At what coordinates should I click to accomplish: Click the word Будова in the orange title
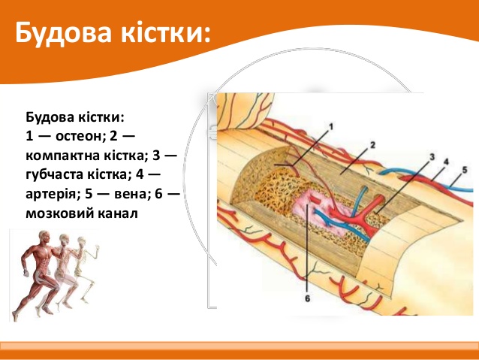pos(63,33)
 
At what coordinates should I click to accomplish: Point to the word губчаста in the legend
pos(55,174)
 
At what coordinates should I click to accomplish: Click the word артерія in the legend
pos(50,194)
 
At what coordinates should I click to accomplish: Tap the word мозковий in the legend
pos(59,213)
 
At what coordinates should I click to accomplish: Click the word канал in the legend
pos(118,213)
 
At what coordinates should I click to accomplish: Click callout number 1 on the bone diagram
pos(331,126)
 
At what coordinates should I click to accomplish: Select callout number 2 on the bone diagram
pos(372,145)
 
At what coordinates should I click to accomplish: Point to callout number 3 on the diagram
pos(432,157)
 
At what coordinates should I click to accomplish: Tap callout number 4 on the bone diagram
pos(446,162)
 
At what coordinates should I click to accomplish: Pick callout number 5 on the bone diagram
pos(464,170)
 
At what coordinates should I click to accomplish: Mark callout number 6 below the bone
pos(307,298)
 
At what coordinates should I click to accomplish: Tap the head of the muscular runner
pos(44,237)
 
